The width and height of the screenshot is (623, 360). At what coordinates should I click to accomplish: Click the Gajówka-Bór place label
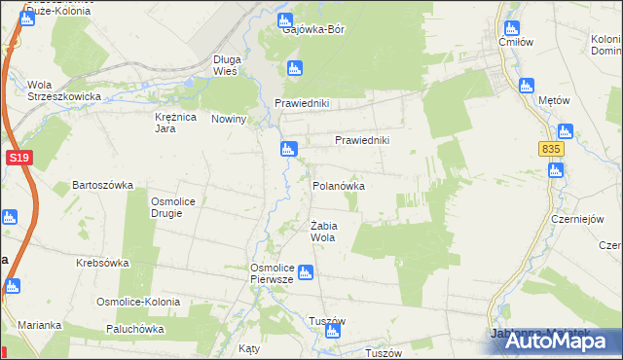tap(313, 29)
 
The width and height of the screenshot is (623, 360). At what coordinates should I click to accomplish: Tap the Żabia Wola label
tap(323, 231)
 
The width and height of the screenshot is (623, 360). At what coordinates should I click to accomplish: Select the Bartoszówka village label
tap(102, 185)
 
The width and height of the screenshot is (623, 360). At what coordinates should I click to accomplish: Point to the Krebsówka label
tap(103, 264)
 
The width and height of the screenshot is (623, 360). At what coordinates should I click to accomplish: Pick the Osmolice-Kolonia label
tap(137, 302)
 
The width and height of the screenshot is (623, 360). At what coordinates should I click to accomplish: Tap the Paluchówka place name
tap(131, 329)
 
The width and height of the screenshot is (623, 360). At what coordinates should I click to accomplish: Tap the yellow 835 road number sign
tap(551, 148)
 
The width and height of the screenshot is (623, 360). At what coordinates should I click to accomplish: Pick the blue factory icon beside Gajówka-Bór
tap(285, 18)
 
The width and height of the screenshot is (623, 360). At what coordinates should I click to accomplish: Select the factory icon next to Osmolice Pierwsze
tap(306, 272)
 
